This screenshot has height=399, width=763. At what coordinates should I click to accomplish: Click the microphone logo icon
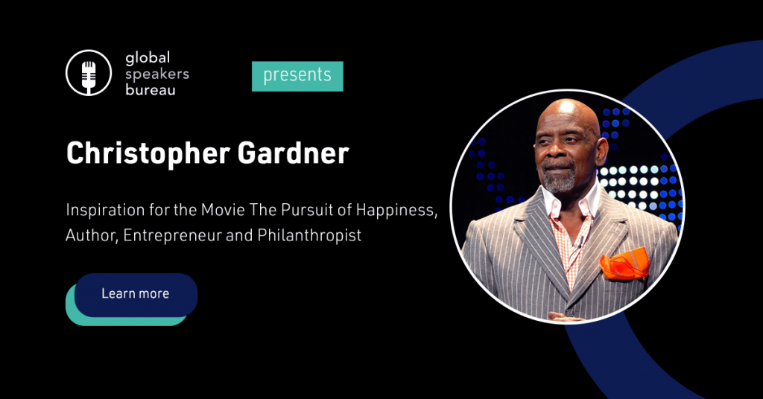[x=89, y=73]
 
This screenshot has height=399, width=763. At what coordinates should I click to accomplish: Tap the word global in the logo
[x=148, y=58]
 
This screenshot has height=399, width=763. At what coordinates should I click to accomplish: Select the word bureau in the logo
[x=151, y=90]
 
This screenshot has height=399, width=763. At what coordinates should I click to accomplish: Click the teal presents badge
[x=297, y=76]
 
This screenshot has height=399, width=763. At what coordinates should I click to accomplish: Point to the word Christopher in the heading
[x=148, y=154]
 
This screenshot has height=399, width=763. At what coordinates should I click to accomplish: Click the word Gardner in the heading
[x=294, y=153]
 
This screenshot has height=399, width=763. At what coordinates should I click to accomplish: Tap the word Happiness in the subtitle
[x=396, y=211]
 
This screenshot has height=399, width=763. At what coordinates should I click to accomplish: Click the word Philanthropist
[x=309, y=235]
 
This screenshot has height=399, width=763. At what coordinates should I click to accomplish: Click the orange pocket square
[x=624, y=264]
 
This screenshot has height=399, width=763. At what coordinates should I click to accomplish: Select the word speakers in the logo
[x=156, y=74]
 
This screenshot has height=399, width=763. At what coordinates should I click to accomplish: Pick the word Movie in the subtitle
[x=224, y=210]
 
